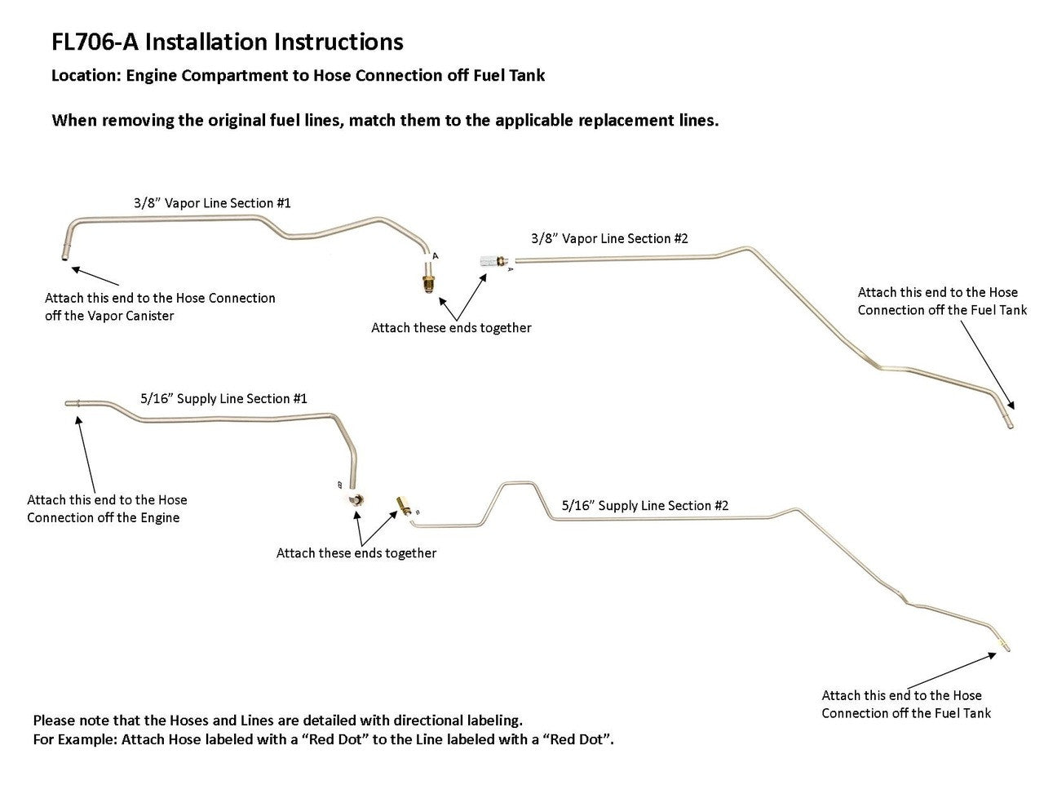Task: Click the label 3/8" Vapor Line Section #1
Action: coord(212,202)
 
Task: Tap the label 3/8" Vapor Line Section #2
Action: coord(609,238)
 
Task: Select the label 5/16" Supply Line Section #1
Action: coord(223,398)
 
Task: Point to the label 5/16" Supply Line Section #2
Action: coord(645,505)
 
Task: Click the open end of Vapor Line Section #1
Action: coord(64,257)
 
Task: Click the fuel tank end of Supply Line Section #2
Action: coord(1005,647)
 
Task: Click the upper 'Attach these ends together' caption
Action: coord(451,327)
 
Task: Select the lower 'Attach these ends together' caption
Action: coord(356,552)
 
